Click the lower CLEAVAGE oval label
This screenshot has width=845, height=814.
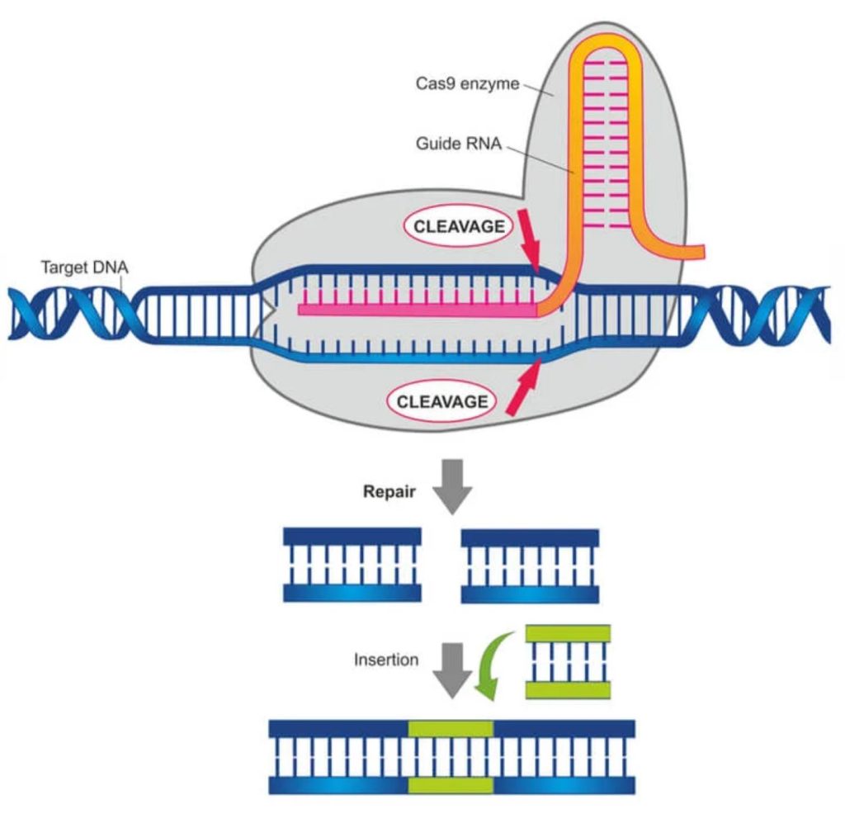pyautogui.click(x=442, y=402)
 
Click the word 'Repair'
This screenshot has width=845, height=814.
pyautogui.click(x=388, y=490)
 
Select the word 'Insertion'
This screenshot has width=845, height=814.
pyautogui.click(x=386, y=660)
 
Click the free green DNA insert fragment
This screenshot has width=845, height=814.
pyautogui.click(x=568, y=660)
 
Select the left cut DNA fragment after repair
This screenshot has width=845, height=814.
pyautogui.click(x=352, y=566)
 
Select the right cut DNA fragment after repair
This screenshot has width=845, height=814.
pyautogui.click(x=530, y=566)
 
